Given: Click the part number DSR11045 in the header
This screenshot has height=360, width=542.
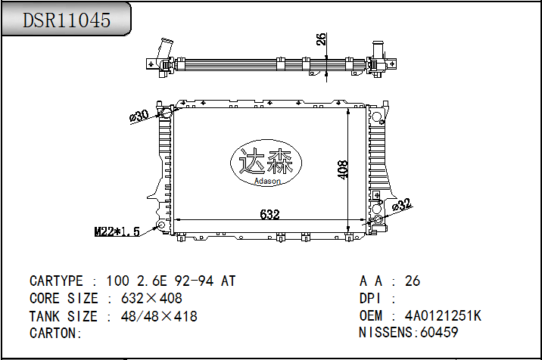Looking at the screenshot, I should [x=67, y=20].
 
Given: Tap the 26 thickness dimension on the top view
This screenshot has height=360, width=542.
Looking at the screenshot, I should [x=321, y=39].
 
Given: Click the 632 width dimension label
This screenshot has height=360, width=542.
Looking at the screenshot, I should [x=269, y=215].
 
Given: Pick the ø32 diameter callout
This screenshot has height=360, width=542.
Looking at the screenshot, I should [x=402, y=204].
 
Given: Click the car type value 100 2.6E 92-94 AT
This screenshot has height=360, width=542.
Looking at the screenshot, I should [x=171, y=281].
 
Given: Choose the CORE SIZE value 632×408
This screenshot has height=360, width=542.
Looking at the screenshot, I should [x=151, y=299].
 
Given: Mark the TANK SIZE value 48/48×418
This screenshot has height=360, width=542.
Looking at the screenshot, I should [x=159, y=316].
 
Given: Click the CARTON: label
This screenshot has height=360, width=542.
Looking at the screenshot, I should [x=55, y=334].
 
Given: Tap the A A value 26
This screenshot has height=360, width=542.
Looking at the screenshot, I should [x=413, y=281].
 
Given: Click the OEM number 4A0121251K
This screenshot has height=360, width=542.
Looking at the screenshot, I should [x=443, y=316].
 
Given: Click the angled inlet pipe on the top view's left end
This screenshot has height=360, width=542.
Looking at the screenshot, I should [x=161, y=50].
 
